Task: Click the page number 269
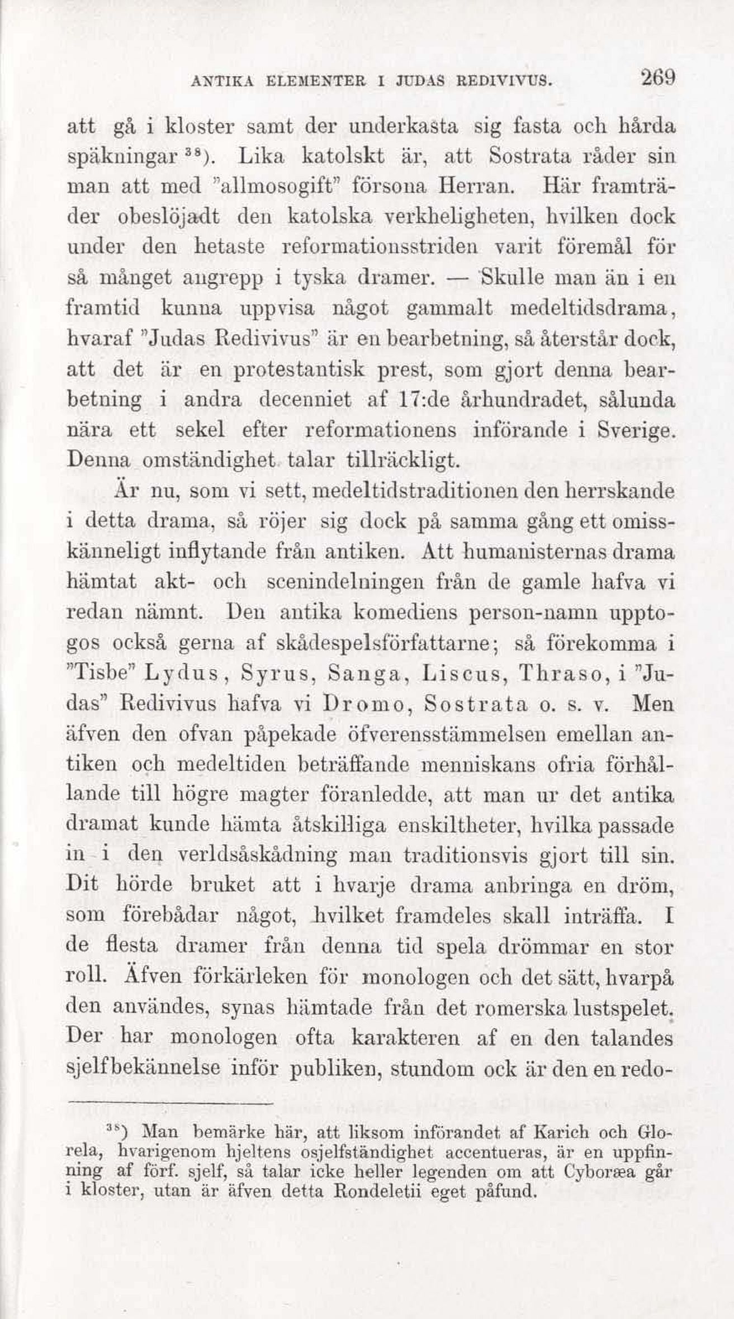(x=658, y=78)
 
